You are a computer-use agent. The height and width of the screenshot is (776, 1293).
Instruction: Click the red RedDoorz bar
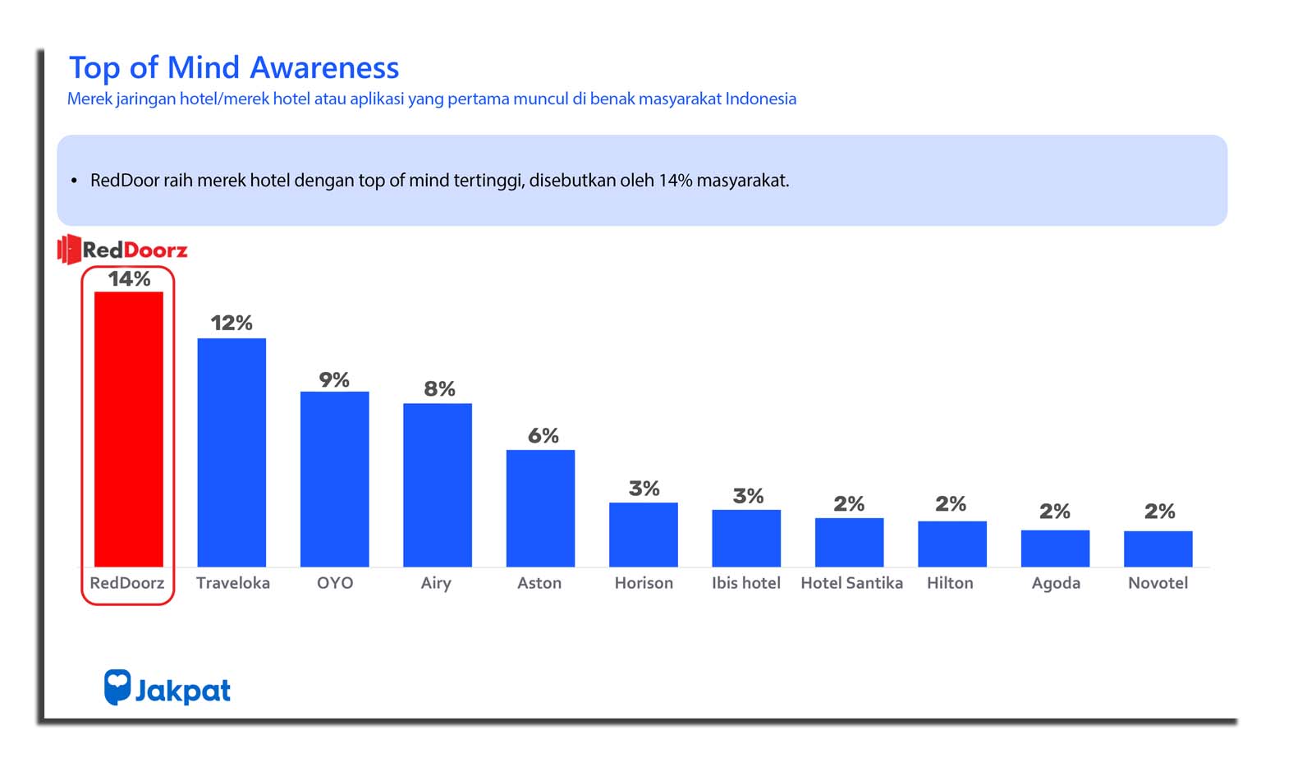point(129,429)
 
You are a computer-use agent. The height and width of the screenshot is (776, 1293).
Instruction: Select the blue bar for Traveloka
point(232,452)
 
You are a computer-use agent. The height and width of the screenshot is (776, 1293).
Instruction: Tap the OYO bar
point(334,479)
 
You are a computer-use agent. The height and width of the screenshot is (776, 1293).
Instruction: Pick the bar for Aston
point(540,507)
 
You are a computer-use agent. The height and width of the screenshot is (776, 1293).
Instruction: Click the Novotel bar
point(1158,549)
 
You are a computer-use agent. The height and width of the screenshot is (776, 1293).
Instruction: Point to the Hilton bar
point(951,544)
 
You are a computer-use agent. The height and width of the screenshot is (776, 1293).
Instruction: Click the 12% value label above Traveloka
point(232,323)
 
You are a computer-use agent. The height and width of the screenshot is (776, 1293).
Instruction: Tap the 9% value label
point(334,379)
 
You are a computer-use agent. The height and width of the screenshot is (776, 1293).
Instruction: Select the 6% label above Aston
point(543,435)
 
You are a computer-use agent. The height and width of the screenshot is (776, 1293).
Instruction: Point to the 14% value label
point(130,279)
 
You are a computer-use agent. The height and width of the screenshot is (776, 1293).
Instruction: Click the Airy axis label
point(436,583)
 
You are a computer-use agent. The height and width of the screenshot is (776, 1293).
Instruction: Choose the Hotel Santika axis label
point(851,583)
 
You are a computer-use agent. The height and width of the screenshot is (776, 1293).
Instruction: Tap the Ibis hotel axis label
point(745,583)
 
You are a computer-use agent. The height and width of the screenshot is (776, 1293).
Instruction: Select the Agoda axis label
point(1056,583)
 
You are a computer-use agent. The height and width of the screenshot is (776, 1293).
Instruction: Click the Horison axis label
point(644,583)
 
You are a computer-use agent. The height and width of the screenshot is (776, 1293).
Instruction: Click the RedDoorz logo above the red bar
point(123,250)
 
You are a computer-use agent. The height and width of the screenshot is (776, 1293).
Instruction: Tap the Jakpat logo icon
point(117,686)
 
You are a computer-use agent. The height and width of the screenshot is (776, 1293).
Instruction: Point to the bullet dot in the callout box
point(74,181)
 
